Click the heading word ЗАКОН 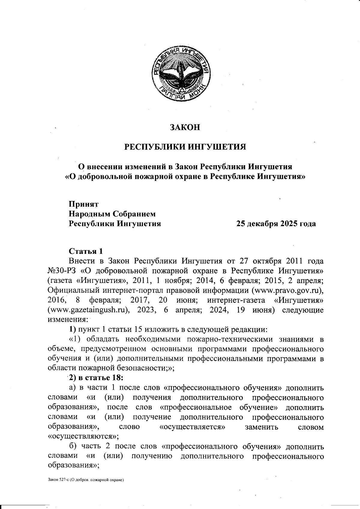pos(185,127)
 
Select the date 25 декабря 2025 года pos(276,224)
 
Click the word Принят pos(83,204)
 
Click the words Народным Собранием pos(112,214)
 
